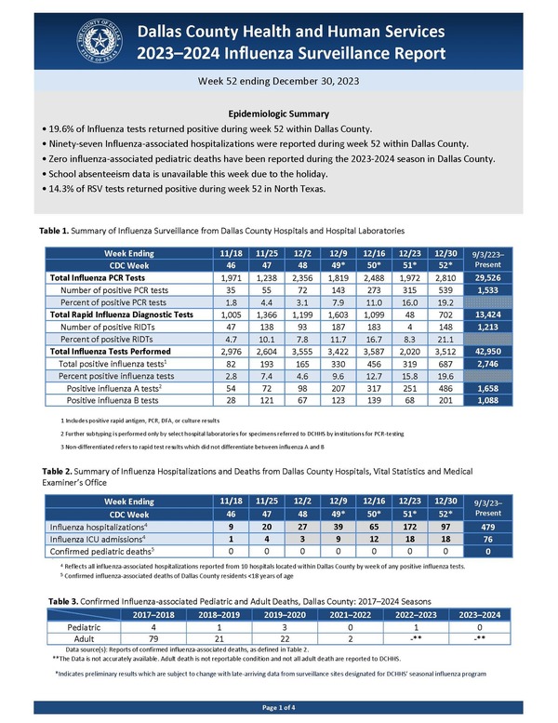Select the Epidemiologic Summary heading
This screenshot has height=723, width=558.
[x=278, y=112]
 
